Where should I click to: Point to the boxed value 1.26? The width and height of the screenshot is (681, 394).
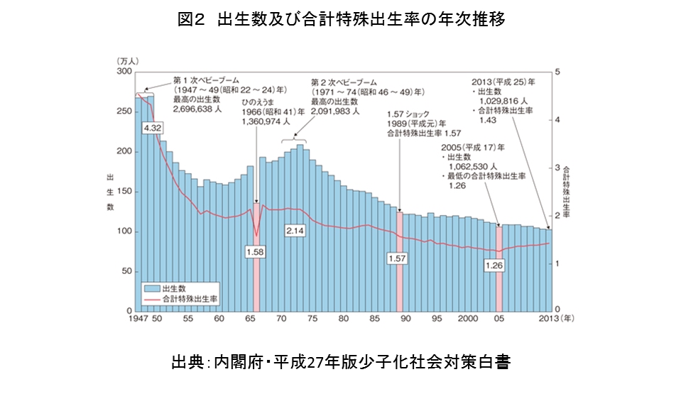494,266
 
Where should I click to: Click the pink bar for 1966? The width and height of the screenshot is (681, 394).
256,277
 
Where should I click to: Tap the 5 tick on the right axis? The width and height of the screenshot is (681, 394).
558,72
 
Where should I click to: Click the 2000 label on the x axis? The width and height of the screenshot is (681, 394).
468,319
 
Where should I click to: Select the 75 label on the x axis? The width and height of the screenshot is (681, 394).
312,319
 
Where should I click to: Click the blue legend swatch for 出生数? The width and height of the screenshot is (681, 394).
152,289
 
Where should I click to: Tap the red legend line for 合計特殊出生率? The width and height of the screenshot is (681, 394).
152,300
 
